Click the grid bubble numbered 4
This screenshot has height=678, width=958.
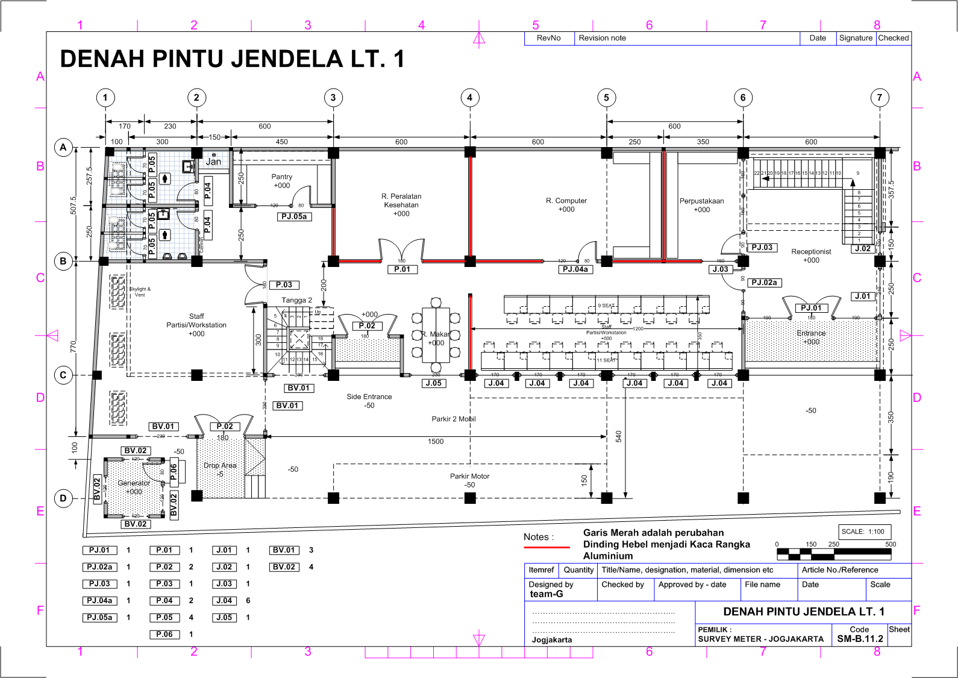click(x=470, y=98)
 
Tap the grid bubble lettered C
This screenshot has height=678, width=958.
click(x=63, y=375)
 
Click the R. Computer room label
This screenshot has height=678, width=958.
click(x=566, y=201)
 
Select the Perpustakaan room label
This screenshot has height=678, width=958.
click(x=701, y=201)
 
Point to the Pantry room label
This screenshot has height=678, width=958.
click(x=281, y=177)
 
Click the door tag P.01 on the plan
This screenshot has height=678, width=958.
click(x=402, y=269)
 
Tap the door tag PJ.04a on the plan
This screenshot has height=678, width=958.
click(x=575, y=269)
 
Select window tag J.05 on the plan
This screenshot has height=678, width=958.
click(x=433, y=383)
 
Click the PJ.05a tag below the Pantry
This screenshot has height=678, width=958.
click(x=294, y=216)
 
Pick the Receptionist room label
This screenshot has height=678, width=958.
click(x=811, y=252)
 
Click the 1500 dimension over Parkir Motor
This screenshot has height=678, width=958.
click(x=436, y=442)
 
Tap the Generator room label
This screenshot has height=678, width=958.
click(x=134, y=483)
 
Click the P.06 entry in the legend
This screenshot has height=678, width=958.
click(x=164, y=634)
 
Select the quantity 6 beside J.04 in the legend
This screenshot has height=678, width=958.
click(x=248, y=601)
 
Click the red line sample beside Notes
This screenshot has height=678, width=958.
click(x=546, y=547)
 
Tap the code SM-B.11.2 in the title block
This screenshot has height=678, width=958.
click(x=860, y=639)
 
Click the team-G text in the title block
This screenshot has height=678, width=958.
click(x=546, y=594)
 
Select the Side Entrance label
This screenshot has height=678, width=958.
click(x=369, y=397)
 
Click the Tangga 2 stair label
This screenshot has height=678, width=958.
click(x=296, y=300)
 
